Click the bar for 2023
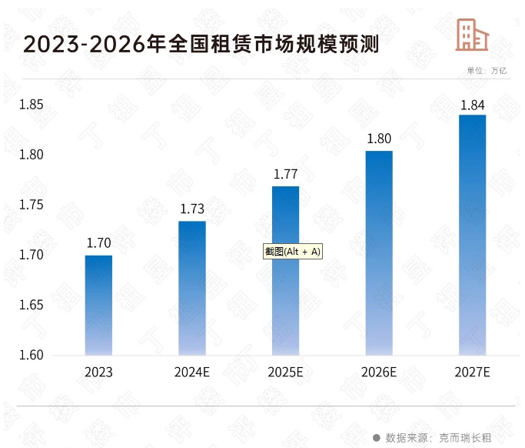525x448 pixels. point(98,305)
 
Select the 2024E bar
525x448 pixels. point(192,288)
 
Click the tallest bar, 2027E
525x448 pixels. point(472,235)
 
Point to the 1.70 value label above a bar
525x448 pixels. point(98,243)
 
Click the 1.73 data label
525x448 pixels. point(192,209)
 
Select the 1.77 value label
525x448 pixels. point(285,174)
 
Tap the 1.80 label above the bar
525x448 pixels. point(379,139)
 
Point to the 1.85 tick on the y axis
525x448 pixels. point(31,105)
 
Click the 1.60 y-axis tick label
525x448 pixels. point(31,355)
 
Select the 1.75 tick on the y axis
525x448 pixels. point(31,206)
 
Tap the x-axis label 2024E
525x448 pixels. point(192,373)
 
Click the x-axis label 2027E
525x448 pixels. point(472,373)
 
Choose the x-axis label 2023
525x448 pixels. point(98,373)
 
